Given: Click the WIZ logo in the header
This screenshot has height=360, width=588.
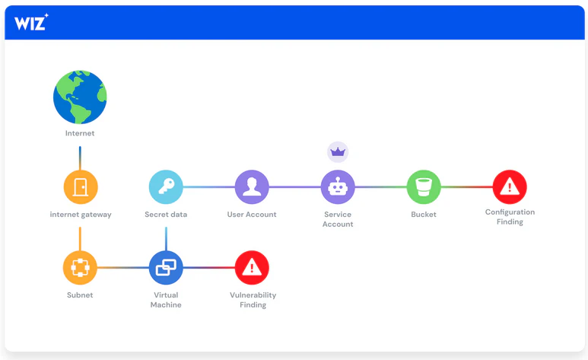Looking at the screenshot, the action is pyautogui.click(x=31, y=22).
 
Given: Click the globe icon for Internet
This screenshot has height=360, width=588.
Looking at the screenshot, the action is pyautogui.click(x=80, y=97).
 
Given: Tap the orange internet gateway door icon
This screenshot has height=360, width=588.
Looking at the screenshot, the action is pyautogui.click(x=80, y=187).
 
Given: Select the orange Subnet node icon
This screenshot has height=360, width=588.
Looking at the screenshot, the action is pyautogui.click(x=80, y=268).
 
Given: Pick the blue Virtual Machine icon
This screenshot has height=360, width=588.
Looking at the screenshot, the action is pyautogui.click(x=166, y=268).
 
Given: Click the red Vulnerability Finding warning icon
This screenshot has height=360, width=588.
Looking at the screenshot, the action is pyautogui.click(x=252, y=268).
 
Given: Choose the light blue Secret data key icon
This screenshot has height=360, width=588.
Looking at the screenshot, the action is pyautogui.click(x=166, y=187).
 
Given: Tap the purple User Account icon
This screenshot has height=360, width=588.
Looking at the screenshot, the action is pyautogui.click(x=252, y=187).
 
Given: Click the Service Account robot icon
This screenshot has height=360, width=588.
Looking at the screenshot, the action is pyautogui.click(x=338, y=187).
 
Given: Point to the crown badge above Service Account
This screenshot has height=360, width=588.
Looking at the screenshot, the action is pyautogui.click(x=338, y=152).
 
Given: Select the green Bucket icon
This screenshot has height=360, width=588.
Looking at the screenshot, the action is pyautogui.click(x=424, y=187).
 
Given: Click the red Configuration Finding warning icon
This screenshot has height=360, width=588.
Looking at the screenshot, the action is pyautogui.click(x=510, y=187).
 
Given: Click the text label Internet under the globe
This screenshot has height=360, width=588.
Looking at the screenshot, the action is pyautogui.click(x=80, y=133).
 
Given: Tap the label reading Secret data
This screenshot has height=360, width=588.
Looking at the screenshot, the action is pyautogui.click(x=166, y=215).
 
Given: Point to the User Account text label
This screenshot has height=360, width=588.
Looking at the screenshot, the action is pyautogui.click(x=252, y=215).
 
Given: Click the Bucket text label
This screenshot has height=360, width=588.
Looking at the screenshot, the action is pyautogui.click(x=424, y=215).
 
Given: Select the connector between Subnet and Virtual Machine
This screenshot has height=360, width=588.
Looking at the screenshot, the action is pyautogui.click(x=123, y=268).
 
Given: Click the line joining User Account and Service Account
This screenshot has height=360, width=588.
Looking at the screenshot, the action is pyautogui.click(x=294, y=187).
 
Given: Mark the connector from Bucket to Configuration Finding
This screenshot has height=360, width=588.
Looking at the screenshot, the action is pyautogui.click(x=467, y=187).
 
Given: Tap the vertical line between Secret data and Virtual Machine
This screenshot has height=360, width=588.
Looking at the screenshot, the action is pyautogui.click(x=166, y=239).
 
